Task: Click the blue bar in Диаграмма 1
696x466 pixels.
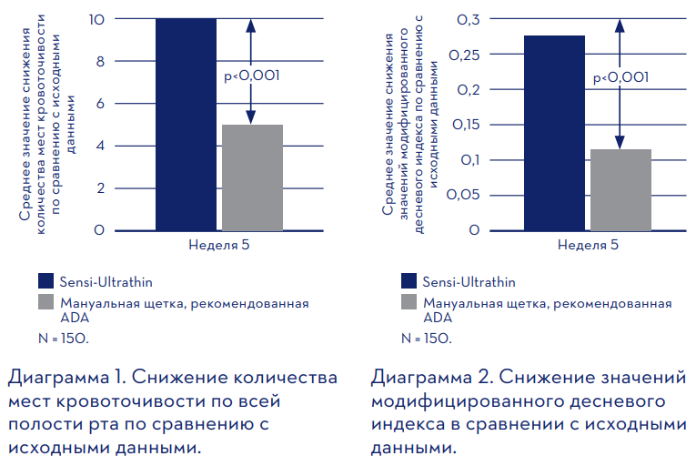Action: [186, 125]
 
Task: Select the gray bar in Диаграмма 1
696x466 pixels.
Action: [252, 177]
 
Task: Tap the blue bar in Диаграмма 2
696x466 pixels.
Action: [554, 133]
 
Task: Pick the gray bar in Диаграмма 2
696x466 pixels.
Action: [620, 189]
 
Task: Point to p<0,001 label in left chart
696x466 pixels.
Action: [251, 77]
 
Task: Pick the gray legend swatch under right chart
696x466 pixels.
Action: [409, 304]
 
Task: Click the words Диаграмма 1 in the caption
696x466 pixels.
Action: [67, 377]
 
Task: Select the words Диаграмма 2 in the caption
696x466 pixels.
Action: [433, 377]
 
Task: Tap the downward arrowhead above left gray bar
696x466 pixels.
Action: [252, 116]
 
